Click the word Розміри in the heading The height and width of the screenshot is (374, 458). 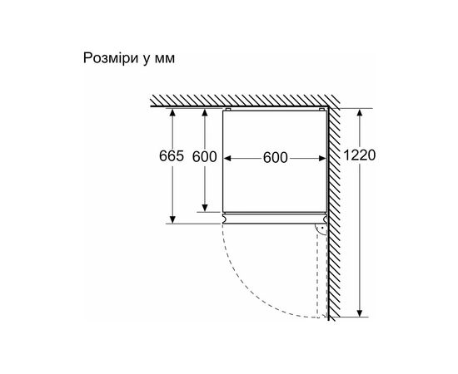pyautogui.click(x=111, y=58)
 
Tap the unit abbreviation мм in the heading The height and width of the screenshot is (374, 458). pyautogui.click(x=165, y=59)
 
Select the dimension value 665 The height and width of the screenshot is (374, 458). pyautogui.click(x=172, y=156)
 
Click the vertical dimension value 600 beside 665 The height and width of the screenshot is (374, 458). pyautogui.click(x=205, y=157)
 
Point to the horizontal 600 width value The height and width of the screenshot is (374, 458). pyautogui.click(x=275, y=158)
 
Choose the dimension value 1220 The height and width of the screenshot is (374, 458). pyautogui.click(x=359, y=155)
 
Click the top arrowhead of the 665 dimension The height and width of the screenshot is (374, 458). pyautogui.click(x=172, y=112)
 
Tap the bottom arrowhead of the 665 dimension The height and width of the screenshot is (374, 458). pyautogui.click(x=172, y=219)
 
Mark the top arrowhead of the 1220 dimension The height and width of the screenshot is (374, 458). pyautogui.click(x=360, y=112)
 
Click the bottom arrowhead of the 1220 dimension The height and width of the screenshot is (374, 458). pyautogui.click(x=360, y=313)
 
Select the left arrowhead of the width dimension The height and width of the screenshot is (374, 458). pyautogui.click(x=227, y=158)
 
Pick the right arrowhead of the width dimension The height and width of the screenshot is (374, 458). pyautogui.click(x=322, y=158)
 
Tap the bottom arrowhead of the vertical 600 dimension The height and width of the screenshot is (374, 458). pyautogui.click(x=205, y=208)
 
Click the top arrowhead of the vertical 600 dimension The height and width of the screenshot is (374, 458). pyautogui.click(x=205, y=112)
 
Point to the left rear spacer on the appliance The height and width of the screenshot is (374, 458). pyautogui.click(x=228, y=110)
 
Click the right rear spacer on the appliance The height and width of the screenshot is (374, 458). pyautogui.click(x=321, y=110)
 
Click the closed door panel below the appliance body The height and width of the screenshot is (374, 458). pyautogui.click(x=275, y=219)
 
